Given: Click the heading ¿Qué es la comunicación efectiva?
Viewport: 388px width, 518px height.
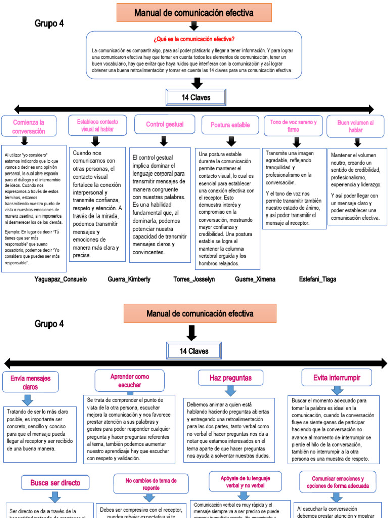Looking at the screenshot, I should [193, 39].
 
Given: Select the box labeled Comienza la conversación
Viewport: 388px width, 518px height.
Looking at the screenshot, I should [29, 126].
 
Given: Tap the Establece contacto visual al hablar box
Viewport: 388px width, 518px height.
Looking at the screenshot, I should [98, 125].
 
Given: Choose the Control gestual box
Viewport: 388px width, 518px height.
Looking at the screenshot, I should [165, 124].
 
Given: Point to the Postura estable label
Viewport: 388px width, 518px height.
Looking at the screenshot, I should [230, 125].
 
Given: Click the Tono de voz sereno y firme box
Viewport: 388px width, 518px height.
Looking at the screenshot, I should [293, 125].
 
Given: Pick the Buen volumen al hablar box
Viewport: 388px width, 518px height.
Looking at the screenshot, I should [355, 126].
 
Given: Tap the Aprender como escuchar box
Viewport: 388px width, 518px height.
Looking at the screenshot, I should [129, 380].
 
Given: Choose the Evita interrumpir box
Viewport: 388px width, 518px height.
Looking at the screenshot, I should [336, 377].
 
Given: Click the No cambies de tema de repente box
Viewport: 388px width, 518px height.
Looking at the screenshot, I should [151, 484].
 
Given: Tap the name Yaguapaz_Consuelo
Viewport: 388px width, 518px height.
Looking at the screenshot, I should [61, 279].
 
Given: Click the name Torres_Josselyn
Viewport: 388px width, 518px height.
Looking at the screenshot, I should [194, 279].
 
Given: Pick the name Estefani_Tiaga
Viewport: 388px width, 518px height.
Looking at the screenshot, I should [317, 279].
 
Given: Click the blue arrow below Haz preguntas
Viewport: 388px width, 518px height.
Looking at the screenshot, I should [230, 391].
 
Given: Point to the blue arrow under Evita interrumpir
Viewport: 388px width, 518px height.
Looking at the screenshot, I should [336, 391].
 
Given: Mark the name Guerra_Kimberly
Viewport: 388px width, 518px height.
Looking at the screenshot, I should [129, 279].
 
